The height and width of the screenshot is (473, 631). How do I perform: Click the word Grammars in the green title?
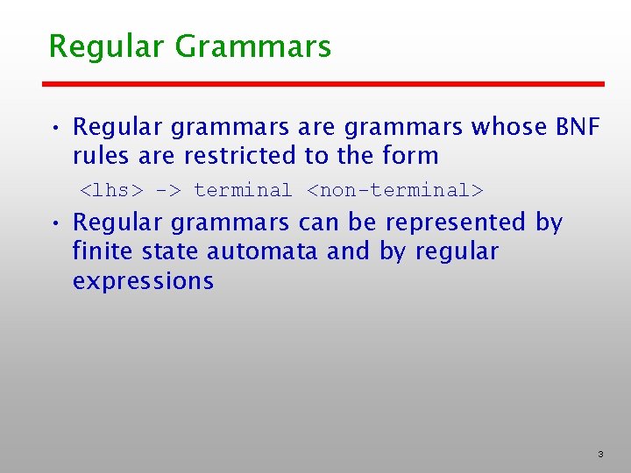tap(253, 46)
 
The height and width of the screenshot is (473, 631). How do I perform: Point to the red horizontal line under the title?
tap(324, 84)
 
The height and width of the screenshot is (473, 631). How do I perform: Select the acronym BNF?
tap(578, 127)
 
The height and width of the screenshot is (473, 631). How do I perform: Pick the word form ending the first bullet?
tap(408, 156)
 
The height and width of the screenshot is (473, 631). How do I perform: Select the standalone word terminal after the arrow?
tap(243, 190)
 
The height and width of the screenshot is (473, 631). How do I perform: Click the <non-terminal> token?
tap(394, 190)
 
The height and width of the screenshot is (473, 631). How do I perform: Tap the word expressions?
tap(143, 281)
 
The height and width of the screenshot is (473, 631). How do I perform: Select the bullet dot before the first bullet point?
tap(55, 129)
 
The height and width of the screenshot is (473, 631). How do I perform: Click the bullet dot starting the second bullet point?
tap(55, 224)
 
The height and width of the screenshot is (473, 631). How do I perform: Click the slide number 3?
tap(600, 455)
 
